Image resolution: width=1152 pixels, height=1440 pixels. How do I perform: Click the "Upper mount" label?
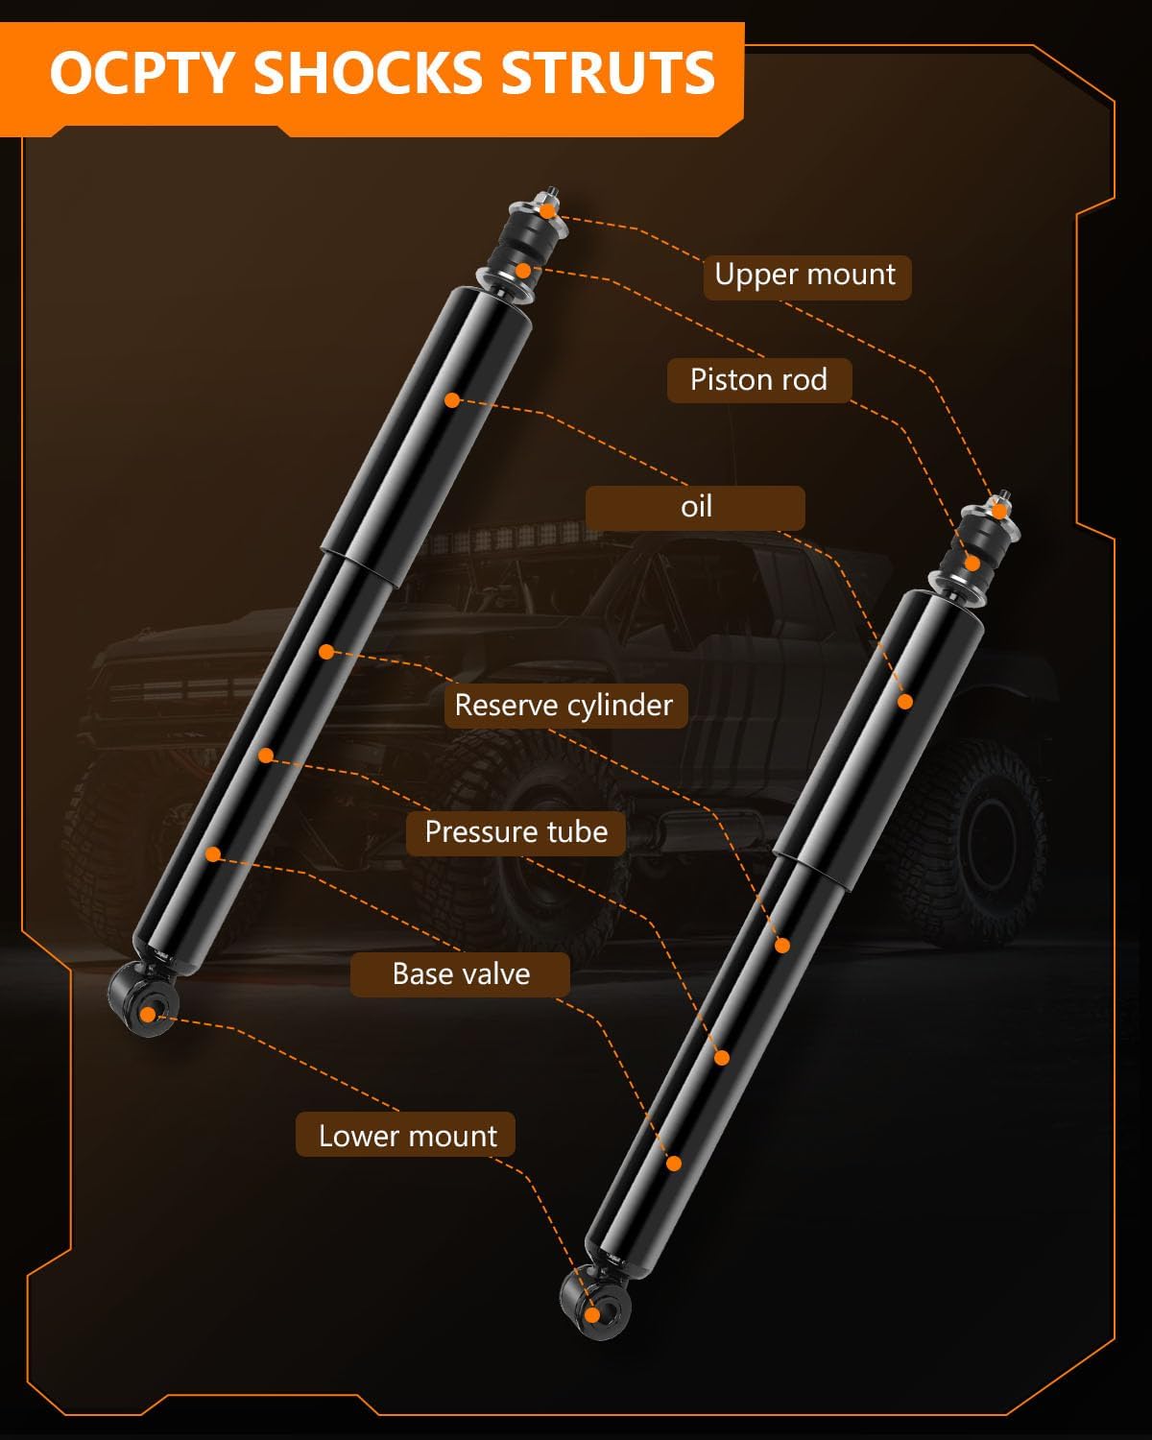804,275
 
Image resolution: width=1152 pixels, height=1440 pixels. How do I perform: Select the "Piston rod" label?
758,380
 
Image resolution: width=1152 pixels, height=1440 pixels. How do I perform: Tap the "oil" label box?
696,507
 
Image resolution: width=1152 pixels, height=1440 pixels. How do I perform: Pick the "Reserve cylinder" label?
564,706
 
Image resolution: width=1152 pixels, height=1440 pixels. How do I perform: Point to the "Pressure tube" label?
516,831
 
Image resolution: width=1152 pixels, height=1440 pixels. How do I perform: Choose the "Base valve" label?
461,974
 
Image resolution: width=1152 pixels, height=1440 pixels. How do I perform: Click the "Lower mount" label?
407,1137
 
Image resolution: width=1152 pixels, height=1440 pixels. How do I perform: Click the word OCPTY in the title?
142,73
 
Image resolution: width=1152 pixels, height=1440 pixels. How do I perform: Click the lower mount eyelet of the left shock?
147,1014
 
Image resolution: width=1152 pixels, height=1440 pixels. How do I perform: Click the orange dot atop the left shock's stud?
546,210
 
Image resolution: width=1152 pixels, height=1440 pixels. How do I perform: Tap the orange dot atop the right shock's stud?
999,511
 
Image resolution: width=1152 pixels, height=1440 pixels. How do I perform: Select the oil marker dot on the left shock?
452,399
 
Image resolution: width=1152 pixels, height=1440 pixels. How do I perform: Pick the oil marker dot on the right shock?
904,702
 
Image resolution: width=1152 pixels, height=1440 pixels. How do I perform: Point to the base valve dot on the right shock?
673,1163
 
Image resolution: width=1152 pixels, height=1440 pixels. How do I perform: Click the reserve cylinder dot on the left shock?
326,652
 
